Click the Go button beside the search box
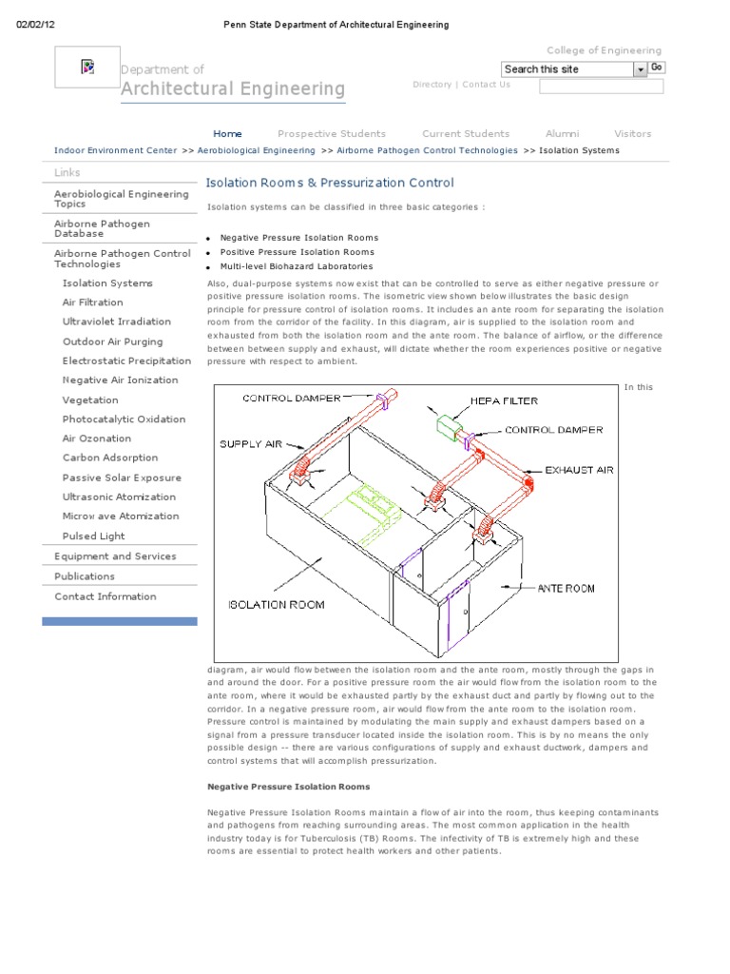pos(657,68)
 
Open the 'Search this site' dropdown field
pos(573,69)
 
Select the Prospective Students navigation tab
pos(331,134)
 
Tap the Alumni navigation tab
pos(562,134)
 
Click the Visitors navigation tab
pos(632,134)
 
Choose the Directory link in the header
pos(432,85)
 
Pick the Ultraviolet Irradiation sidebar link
pos(116,321)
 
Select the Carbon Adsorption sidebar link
pos(109,458)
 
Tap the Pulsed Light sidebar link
pos(93,536)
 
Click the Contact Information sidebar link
pos(105,596)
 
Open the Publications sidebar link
pos(85,576)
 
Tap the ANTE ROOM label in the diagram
pos(566,589)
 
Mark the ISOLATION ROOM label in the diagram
pos(276,604)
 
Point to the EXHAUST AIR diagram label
pos(579,470)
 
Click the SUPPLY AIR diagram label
pos(249,444)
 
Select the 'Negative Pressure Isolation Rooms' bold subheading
pos(288,787)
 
